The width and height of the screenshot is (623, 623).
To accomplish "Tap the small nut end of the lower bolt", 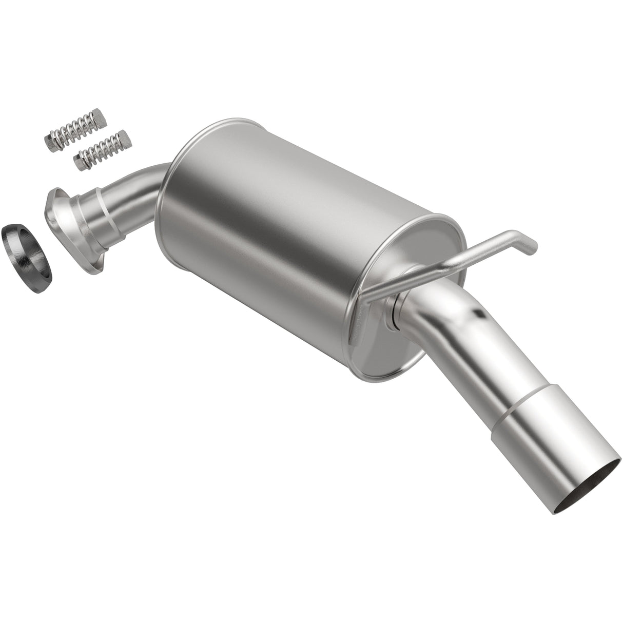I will (x=81, y=163).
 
